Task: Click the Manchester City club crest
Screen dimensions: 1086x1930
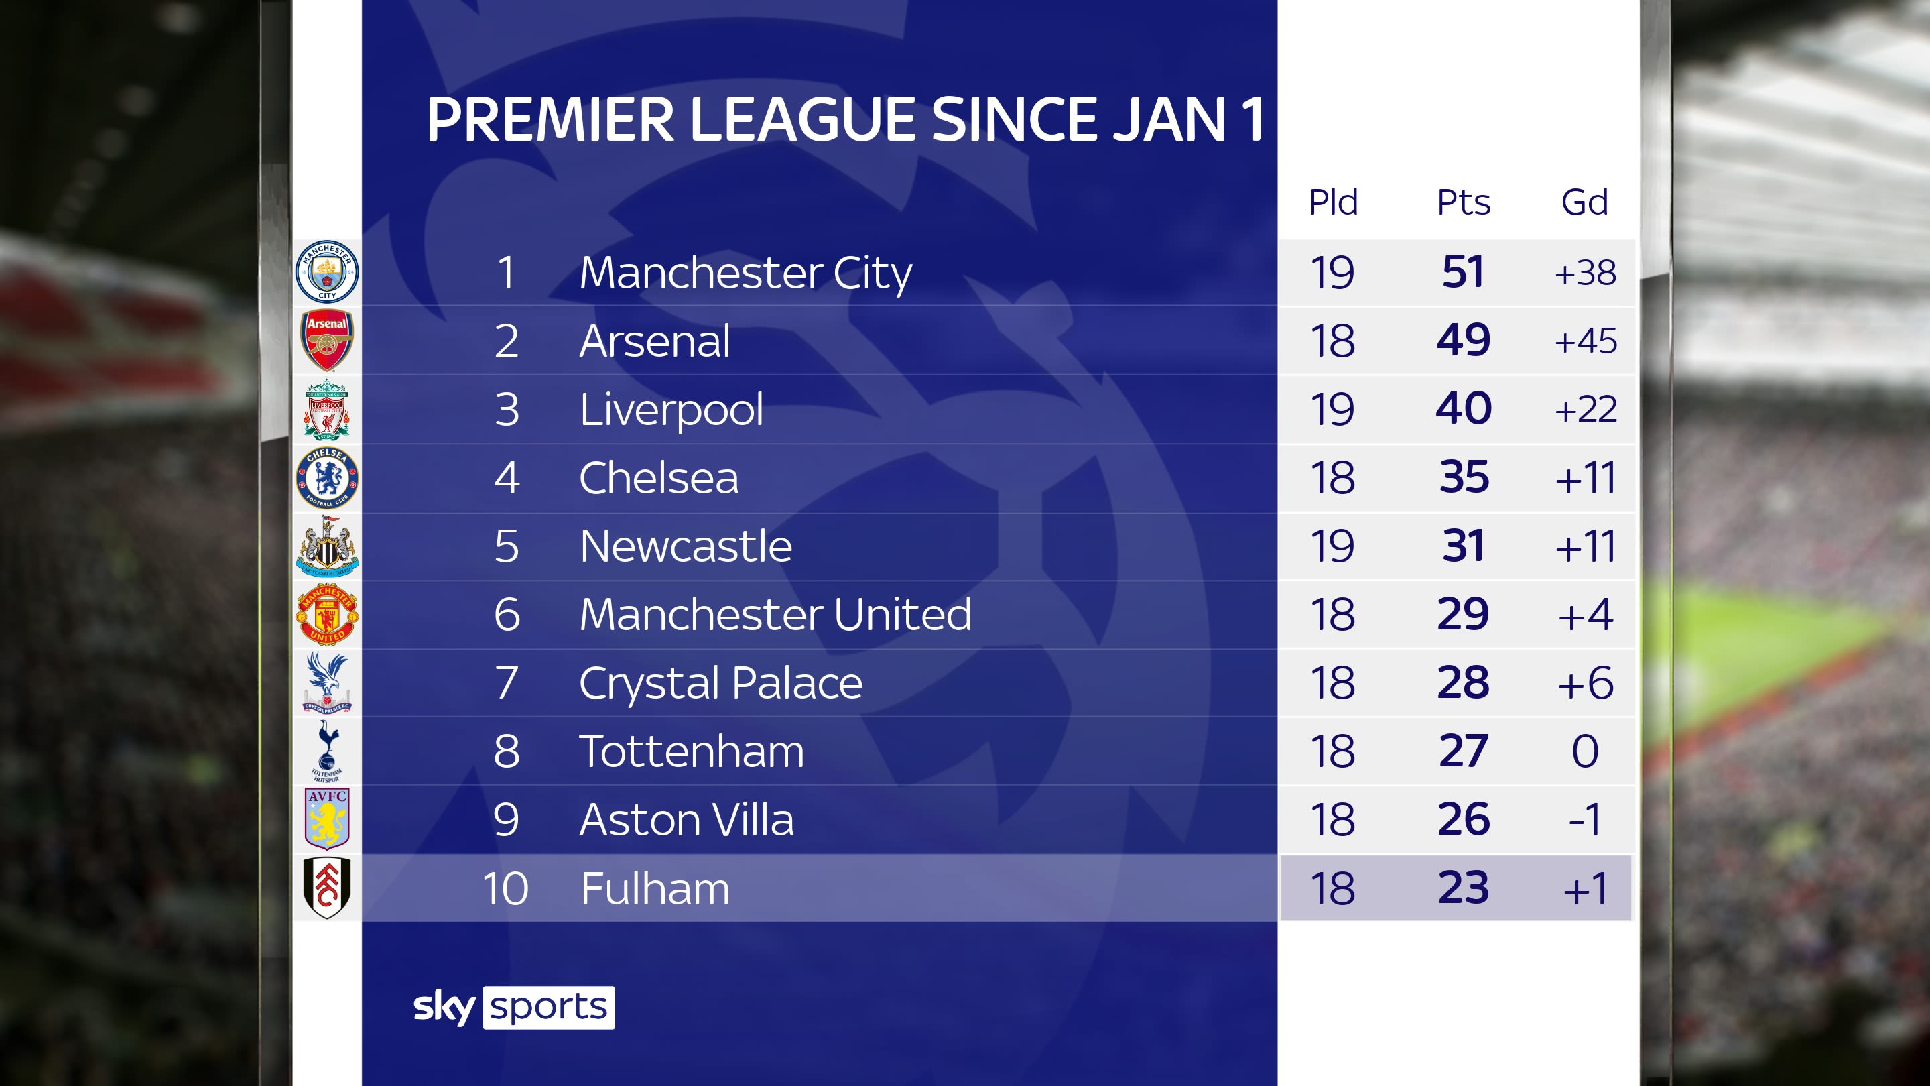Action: click(x=326, y=271)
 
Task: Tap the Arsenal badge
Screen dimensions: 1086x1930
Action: click(x=326, y=341)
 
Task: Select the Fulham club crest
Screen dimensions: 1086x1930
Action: click(x=326, y=888)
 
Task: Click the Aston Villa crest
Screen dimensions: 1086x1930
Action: click(x=326, y=818)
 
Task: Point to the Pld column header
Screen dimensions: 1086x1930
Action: click(x=1333, y=202)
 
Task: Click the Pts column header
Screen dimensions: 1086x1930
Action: click(x=1463, y=202)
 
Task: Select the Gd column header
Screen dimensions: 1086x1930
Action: click(x=1585, y=202)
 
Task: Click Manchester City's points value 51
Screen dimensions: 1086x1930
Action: click(x=1463, y=272)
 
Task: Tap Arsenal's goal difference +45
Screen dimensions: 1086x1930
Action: click(x=1586, y=341)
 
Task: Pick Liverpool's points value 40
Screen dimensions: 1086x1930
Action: click(x=1463, y=409)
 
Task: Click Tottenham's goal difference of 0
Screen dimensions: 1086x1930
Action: click(x=1585, y=751)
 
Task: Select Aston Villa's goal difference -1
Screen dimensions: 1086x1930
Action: click(x=1585, y=819)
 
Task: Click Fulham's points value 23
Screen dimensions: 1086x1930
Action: click(x=1463, y=888)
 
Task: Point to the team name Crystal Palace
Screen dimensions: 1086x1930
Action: click(x=721, y=683)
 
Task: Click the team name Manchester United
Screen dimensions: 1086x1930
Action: click(x=775, y=615)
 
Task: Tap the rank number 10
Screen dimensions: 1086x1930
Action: click(x=506, y=889)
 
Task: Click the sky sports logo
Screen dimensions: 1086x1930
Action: click(x=514, y=1008)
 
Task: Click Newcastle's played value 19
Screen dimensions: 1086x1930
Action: click(x=1333, y=546)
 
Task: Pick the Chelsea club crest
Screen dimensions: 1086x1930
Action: click(x=326, y=477)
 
